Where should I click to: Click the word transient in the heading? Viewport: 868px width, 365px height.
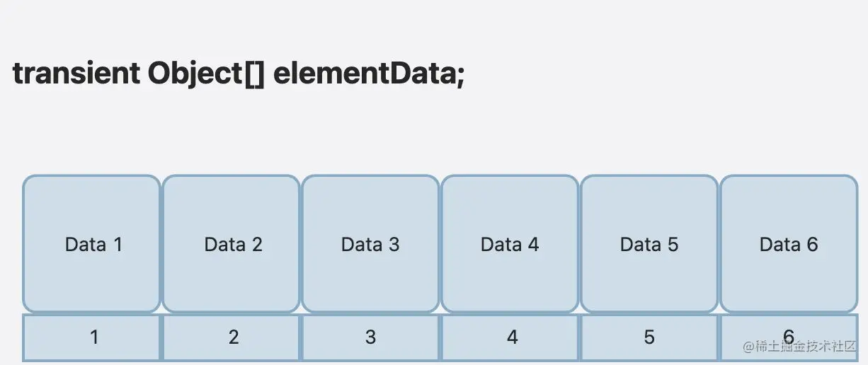(x=76, y=74)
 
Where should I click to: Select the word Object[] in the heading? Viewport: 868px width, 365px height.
(x=206, y=74)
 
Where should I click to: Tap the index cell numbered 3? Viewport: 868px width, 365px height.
(x=370, y=337)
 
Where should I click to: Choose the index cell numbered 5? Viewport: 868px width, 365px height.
(x=649, y=337)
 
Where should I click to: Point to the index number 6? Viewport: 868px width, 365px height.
(x=788, y=336)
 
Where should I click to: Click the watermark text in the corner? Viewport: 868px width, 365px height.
(x=799, y=347)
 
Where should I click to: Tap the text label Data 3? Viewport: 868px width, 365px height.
(x=370, y=245)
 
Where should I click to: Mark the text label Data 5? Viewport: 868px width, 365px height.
(x=649, y=245)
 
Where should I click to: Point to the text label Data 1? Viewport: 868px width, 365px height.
(x=94, y=245)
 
